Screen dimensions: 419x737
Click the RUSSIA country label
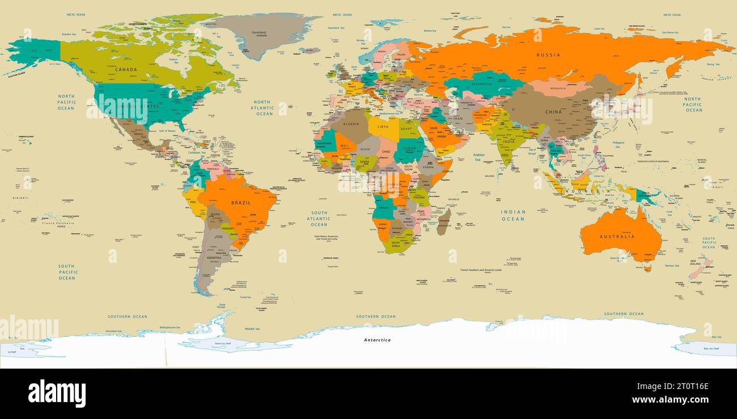tap(548, 55)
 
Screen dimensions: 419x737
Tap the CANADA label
tap(126, 70)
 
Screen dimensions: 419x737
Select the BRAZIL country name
tap(240, 202)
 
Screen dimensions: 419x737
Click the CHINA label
tap(553, 112)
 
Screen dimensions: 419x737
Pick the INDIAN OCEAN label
tap(512, 215)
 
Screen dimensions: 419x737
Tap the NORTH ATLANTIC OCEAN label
tap(263, 108)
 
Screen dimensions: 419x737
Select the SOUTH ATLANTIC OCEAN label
tap(319, 219)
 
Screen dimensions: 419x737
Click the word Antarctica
tap(377, 340)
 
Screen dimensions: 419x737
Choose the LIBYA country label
tap(383, 127)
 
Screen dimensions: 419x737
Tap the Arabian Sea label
tap(479, 156)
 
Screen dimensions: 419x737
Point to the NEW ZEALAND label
tap(696, 263)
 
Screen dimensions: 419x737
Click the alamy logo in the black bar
tap(57, 394)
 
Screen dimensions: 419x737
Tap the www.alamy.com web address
tap(671, 399)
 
